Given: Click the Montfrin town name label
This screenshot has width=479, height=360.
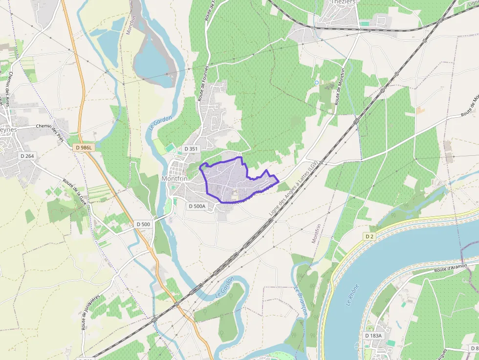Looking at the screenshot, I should click(x=174, y=179).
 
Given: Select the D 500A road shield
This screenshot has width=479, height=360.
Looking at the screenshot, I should click(x=197, y=206).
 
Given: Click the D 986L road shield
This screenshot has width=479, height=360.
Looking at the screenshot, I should click(x=84, y=147).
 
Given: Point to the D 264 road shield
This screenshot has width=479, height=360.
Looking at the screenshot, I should click(x=27, y=156).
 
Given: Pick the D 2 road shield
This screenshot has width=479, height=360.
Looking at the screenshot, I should click(x=370, y=236).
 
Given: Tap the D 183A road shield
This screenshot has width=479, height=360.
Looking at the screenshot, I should click(x=373, y=336).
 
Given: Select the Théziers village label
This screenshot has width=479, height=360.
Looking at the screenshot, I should click(x=343, y=2).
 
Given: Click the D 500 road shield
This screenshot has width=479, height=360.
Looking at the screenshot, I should click(x=144, y=224).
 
